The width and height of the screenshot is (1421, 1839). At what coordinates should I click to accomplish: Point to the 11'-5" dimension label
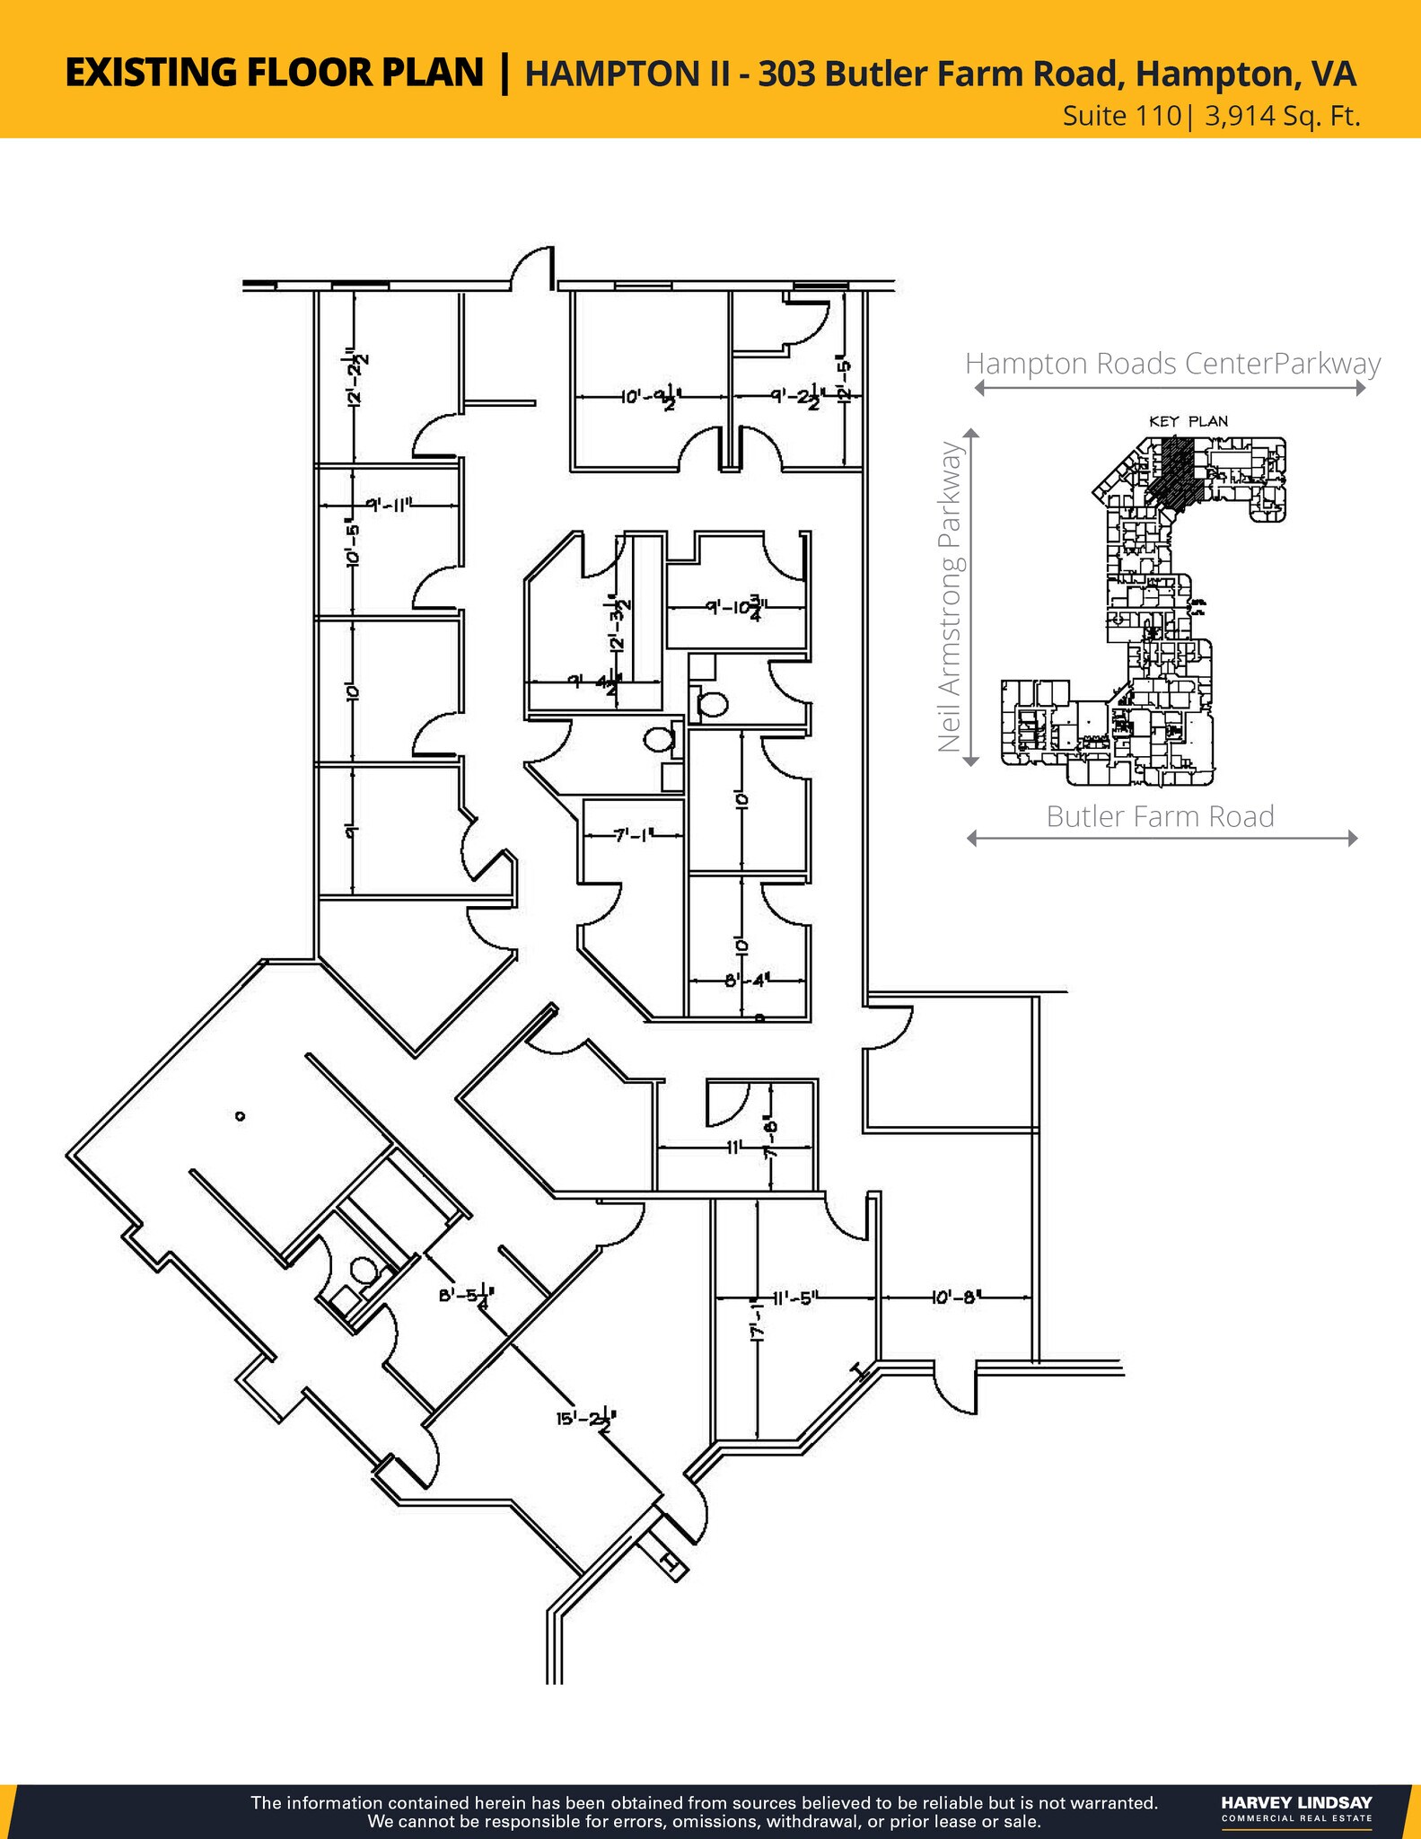coord(795,1297)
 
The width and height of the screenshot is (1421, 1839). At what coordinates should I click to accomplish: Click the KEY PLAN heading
coord(1189,420)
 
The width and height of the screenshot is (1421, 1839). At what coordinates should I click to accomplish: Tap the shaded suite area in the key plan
coord(1172,471)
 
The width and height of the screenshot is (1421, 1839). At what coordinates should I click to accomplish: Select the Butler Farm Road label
coord(1160,816)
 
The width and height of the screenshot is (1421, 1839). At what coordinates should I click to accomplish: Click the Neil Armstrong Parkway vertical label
coord(950,596)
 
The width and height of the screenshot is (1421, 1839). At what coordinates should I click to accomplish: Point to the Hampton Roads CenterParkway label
coord(1172,364)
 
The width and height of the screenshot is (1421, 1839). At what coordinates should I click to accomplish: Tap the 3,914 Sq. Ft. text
coord(1282,117)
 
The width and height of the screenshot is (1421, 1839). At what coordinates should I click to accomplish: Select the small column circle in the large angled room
coord(240,1116)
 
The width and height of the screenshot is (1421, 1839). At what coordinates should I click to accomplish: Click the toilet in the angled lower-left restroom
coord(362,1269)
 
